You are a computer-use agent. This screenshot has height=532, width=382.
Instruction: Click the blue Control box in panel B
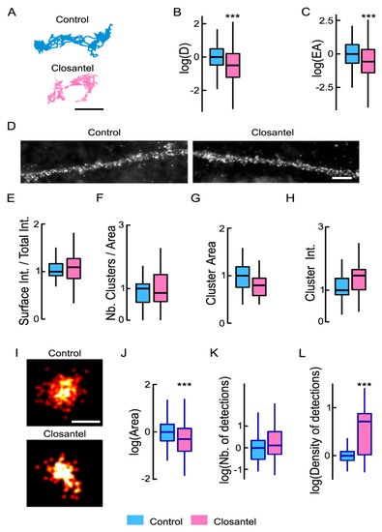[217, 56]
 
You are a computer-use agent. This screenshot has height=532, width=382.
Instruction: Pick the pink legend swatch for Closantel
[211, 513]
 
